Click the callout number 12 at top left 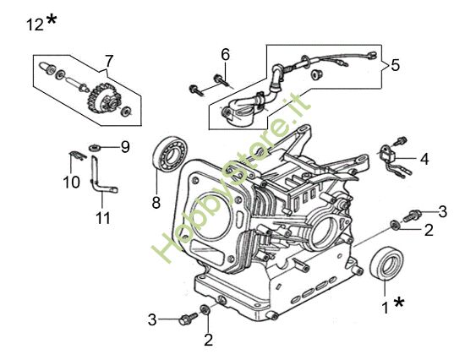click(x=35, y=25)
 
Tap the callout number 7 click(x=109, y=61)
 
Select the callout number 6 click(x=226, y=55)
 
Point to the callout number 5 click(x=395, y=65)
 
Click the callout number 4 click(x=424, y=159)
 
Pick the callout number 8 click(x=156, y=203)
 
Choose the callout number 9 click(x=125, y=147)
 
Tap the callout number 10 click(x=72, y=182)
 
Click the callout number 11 click(x=103, y=218)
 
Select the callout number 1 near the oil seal click(x=386, y=308)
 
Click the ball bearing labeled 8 click(x=169, y=155)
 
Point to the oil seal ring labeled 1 click(x=386, y=263)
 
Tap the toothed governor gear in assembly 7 click(x=101, y=97)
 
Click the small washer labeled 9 click(x=95, y=147)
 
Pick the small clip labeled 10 click(x=78, y=155)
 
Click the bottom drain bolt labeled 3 click(x=188, y=319)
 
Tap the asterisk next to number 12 click(x=51, y=20)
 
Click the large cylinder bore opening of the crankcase click(x=211, y=215)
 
